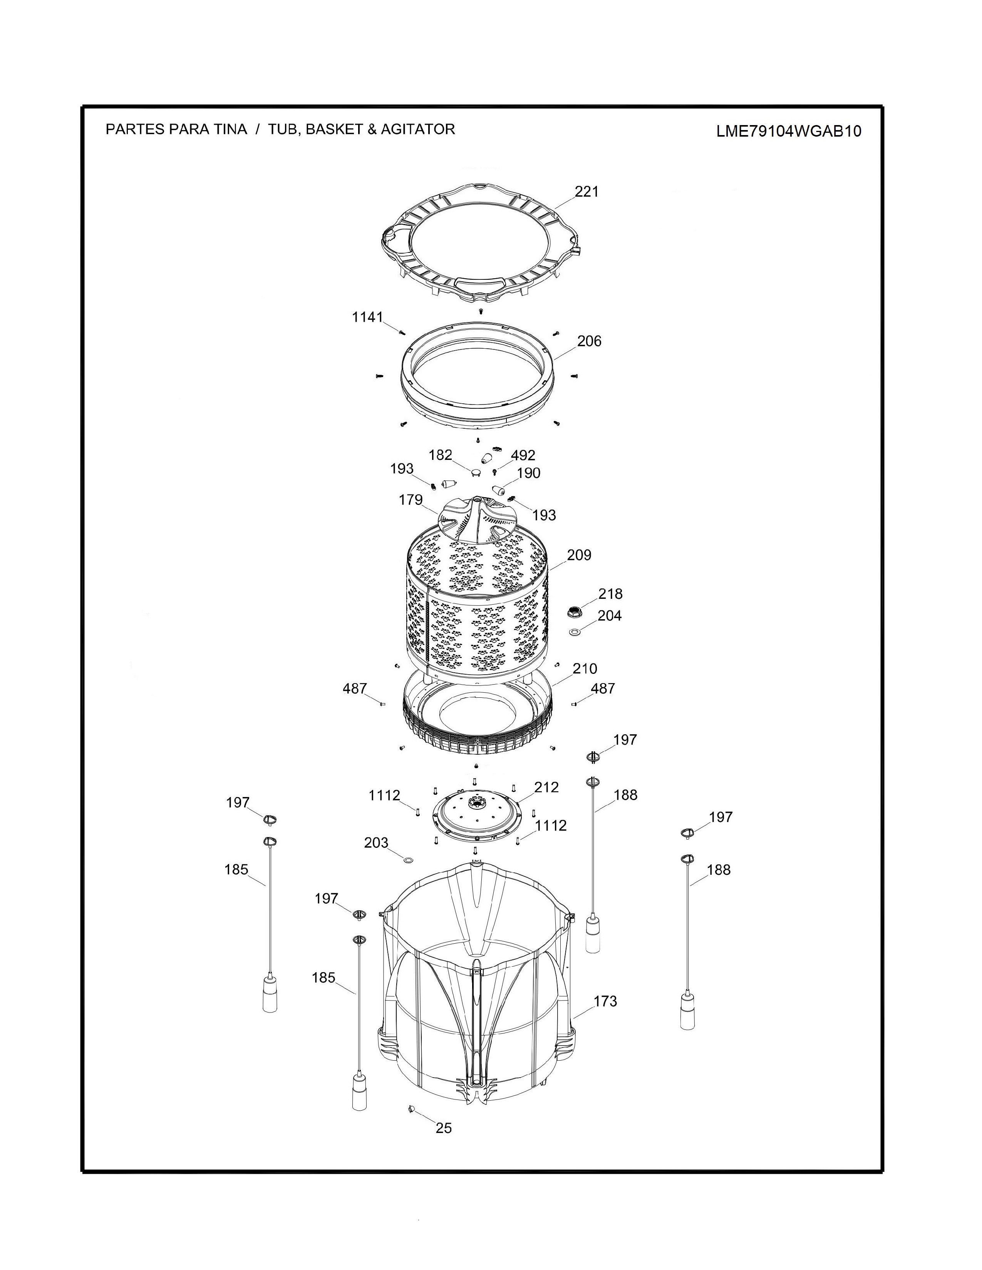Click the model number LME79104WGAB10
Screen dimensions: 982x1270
pyautogui.click(x=788, y=131)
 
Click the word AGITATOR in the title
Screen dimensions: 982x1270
pyautogui.click(x=418, y=129)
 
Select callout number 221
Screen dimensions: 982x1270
pyautogui.click(x=587, y=191)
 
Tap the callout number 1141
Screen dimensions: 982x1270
pyautogui.click(x=368, y=317)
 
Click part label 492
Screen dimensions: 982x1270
pyautogui.click(x=523, y=455)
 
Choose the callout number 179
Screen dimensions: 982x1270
pyautogui.click(x=411, y=500)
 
